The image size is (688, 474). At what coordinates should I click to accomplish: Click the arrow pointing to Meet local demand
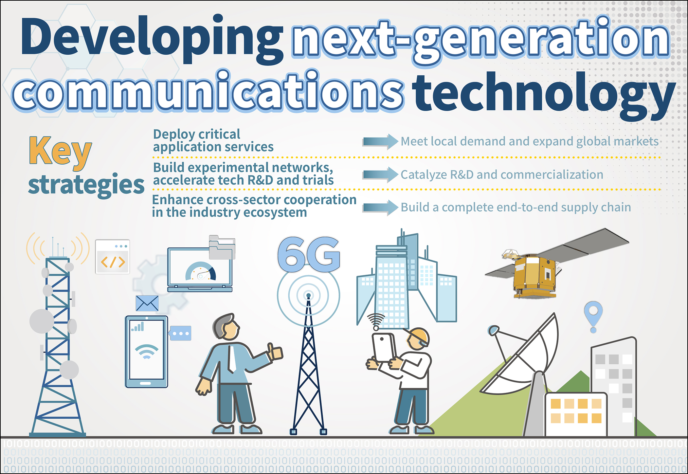click(x=380, y=142)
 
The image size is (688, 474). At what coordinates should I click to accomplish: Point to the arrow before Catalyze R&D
click(x=380, y=174)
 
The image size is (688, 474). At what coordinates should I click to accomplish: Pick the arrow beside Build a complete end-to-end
click(x=380, y=208)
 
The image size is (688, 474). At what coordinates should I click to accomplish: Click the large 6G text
click(x=309, y=254)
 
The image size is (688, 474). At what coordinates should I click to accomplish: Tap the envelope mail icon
click(x=147, y=303)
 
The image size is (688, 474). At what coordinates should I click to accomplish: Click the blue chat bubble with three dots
click(x=180, y=333)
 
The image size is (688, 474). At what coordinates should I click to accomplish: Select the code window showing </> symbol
click(x=113, y=257)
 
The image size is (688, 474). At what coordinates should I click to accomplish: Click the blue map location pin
click(x=593, y=316)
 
